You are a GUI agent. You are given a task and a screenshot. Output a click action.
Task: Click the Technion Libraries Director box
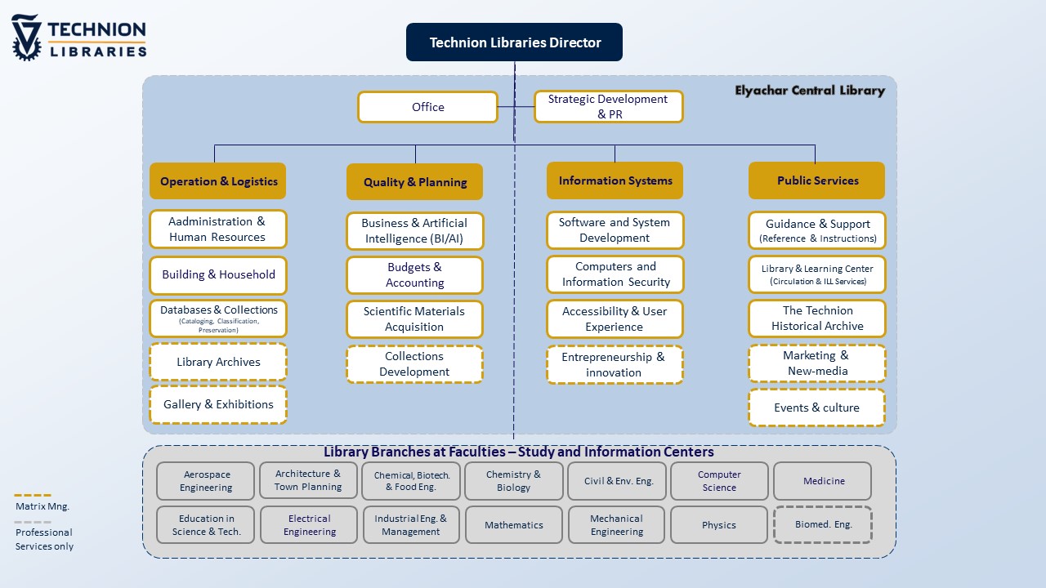click(514, 42)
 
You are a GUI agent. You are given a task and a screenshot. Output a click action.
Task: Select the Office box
click(427, 107)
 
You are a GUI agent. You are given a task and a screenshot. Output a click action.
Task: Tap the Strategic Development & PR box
click(608, 107)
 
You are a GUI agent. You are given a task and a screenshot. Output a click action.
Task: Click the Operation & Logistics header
click(218, 181)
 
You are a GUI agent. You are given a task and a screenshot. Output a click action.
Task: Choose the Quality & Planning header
click(414, 182)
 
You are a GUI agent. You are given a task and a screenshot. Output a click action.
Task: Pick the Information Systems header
click(615, 180)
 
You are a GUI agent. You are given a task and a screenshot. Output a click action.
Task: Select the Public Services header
click(816, 180)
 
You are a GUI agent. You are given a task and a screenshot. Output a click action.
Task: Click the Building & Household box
click(218, 275)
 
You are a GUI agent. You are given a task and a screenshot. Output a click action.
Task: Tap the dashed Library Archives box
click(218, 362)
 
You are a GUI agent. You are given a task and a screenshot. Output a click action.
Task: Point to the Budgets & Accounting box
click(414, 275)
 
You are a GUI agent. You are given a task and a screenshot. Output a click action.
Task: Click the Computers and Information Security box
click(615, 274)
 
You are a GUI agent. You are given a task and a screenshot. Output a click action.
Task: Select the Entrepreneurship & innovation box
click(615, 365)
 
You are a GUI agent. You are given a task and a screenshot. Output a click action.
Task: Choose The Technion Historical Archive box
click(816, 318)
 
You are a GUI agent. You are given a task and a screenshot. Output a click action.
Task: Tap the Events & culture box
click(816, 408)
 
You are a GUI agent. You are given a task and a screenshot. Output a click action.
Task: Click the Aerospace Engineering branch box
click(206, 481)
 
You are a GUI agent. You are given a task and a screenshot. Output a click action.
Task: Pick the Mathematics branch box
click(514, 525)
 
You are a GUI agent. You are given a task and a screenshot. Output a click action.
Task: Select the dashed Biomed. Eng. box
click(823, 525)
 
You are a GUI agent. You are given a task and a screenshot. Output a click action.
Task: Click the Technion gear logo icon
click(26, 38)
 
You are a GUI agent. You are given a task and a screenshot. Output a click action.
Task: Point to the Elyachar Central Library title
click(809, 91)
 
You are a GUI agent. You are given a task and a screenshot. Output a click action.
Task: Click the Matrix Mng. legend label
click(42, 506)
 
